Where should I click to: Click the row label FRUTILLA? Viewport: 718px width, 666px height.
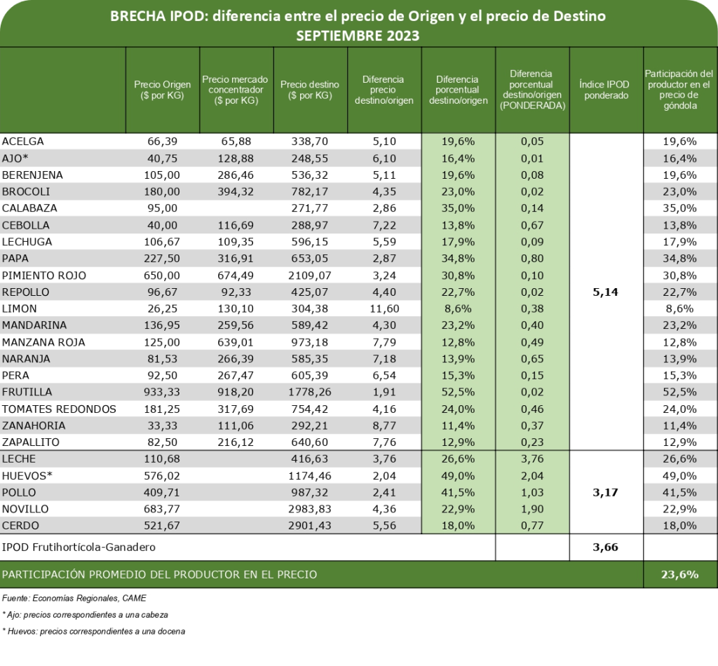point(28,392)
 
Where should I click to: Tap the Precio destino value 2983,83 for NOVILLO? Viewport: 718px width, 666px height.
point(309,509)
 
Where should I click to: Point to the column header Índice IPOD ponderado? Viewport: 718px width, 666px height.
point(604,90)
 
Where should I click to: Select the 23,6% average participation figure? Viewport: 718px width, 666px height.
point(679,574)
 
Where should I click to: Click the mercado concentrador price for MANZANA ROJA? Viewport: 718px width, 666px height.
point(235,342)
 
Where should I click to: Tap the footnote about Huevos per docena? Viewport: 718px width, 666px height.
point(95,631)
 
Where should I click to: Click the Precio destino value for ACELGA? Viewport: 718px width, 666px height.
point(309,141)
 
